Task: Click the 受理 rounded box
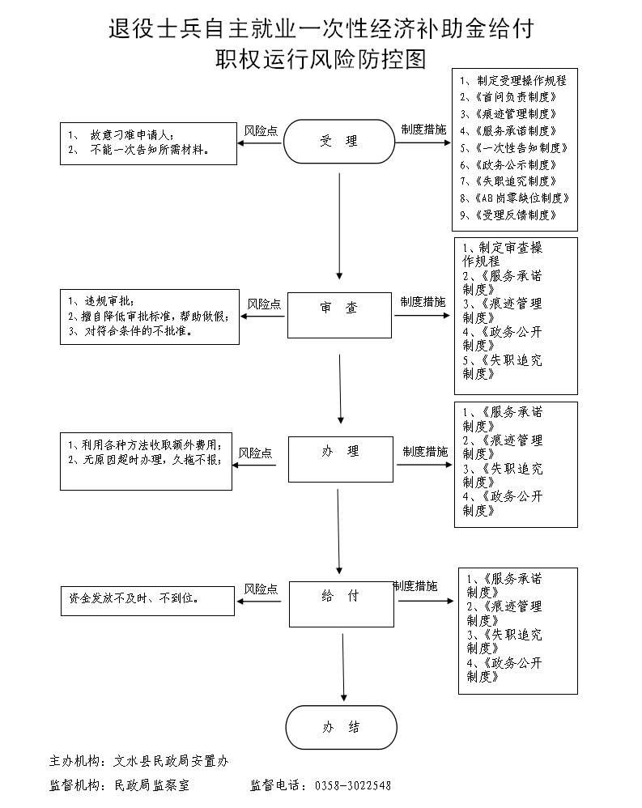339,142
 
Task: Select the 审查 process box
339,308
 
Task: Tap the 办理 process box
340,452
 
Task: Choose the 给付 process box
340,597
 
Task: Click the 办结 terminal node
341,727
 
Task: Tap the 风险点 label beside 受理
261,130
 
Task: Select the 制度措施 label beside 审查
423,302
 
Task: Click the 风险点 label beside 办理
255,453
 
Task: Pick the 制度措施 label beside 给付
415,585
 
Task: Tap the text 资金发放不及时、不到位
135,599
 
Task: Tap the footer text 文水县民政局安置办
172,761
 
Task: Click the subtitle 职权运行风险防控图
321,59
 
